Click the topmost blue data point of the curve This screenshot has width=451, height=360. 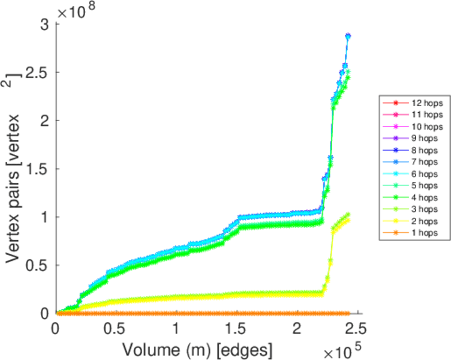[x=348, y=36]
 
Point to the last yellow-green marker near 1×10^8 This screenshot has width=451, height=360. [x=348, y=215]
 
